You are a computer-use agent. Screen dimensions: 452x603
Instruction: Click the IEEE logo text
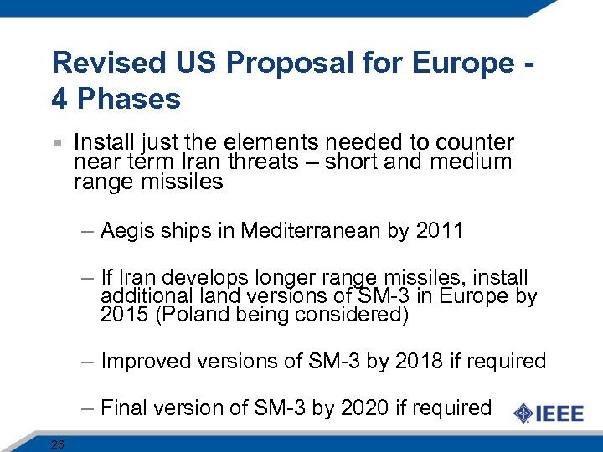[560, 413]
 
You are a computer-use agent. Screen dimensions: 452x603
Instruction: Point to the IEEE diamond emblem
[523, 413]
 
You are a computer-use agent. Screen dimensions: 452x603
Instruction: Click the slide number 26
[57, 444]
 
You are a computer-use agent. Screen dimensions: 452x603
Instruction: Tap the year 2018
[416, 361]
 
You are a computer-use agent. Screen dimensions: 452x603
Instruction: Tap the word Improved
[145, 362]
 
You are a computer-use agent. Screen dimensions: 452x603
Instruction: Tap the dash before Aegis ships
[89, 231]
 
